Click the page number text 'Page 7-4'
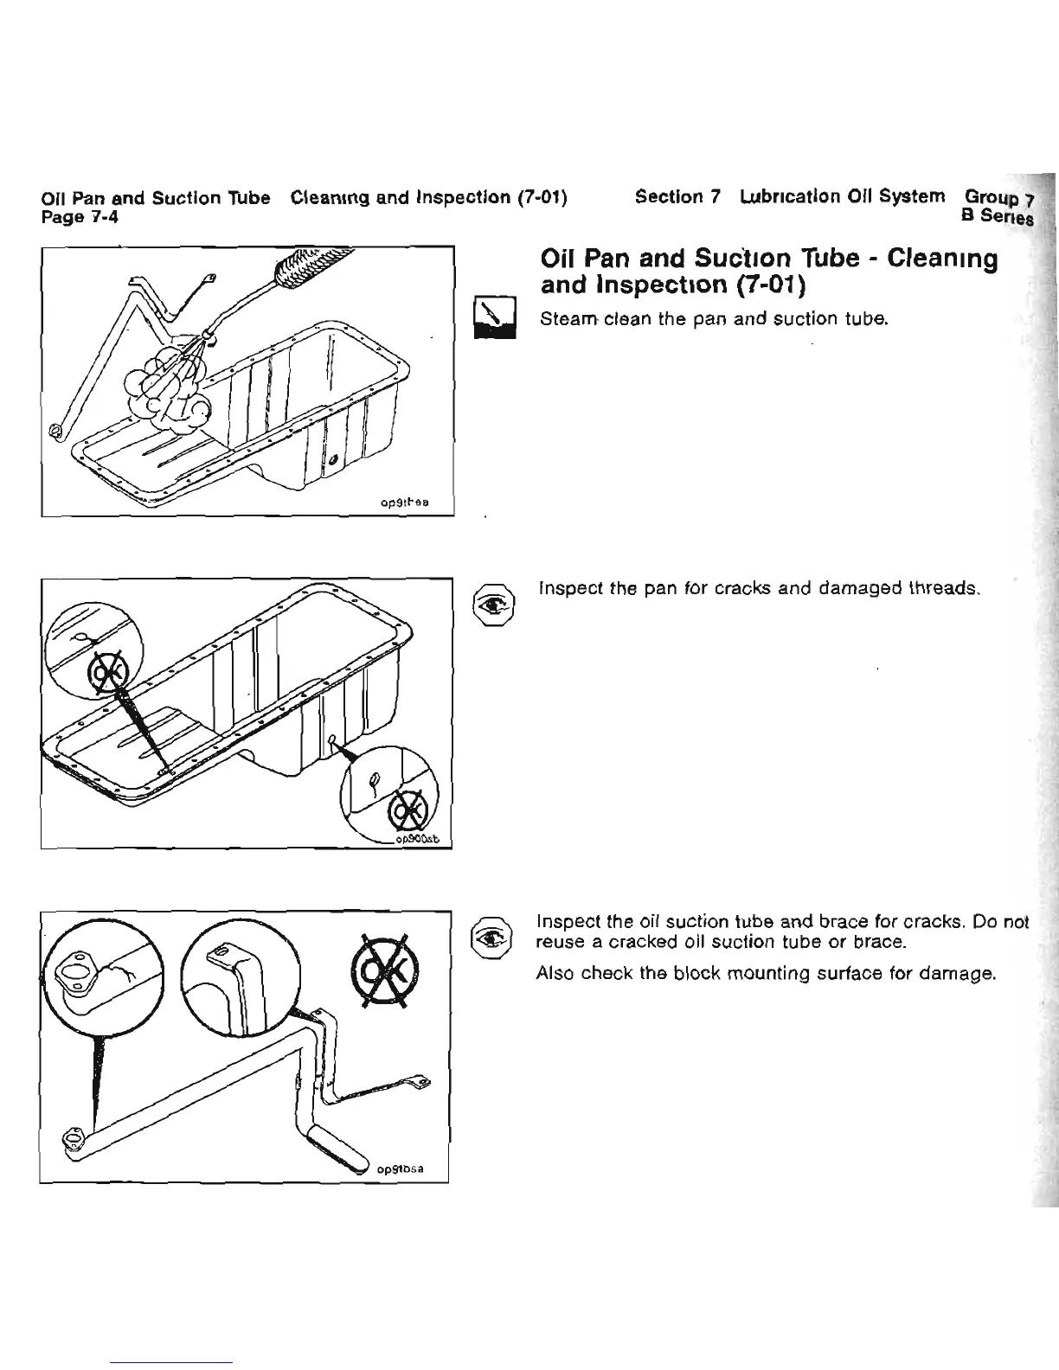[80, 216]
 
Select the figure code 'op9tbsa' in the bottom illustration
[400, 1168]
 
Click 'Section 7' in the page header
[677, 197]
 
